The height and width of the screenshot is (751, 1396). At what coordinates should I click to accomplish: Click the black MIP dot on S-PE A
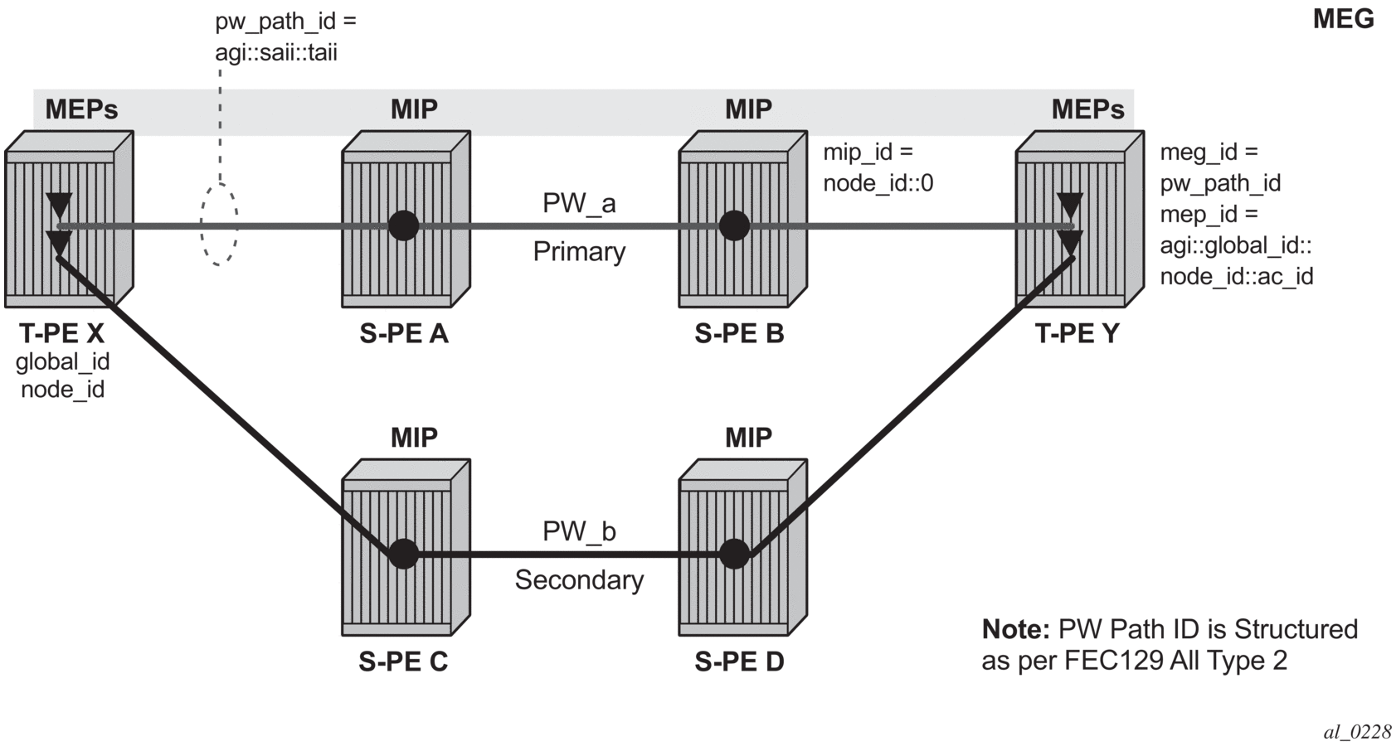(x=404, y=225)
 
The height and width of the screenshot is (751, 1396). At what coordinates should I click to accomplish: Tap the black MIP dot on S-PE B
(x=734, y=225)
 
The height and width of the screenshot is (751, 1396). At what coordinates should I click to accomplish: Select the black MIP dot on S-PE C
(x=404, y=554)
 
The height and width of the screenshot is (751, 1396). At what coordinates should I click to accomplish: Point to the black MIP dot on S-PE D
(x=734, y=554)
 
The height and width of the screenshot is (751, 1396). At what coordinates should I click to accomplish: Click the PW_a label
(x=579, y=203)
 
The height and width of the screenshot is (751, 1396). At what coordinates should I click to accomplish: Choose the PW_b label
(x=579, y=531)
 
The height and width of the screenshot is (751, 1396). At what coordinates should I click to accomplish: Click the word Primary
(x=579, y=251)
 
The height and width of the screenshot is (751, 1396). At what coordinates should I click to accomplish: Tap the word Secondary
(x=579, y=579)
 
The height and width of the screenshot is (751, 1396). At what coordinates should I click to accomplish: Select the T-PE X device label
(x=62, y=333)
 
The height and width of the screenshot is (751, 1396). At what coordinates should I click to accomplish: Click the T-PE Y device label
(x=1077, y=333)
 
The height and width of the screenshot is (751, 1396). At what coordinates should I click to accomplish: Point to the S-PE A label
(x=404, y=333)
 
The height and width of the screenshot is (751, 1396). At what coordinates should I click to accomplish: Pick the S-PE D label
(x=739, y=661)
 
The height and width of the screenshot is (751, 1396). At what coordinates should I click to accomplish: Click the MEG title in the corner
(x=1343, y=19)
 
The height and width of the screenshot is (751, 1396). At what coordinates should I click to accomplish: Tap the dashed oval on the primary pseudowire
(x=219, y=225)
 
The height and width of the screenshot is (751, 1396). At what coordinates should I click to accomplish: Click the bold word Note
(x=1016, y=629)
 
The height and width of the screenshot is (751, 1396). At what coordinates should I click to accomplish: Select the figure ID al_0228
(x=1357, y=731)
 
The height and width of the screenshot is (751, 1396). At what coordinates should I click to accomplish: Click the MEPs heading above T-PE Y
(x=1087, y=109)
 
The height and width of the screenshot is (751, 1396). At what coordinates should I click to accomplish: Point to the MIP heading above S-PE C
(x=414, y=437)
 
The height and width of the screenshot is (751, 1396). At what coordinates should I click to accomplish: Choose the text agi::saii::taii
(x=276, y=53)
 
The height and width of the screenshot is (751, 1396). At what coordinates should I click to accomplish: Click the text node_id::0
(x=878, y=183)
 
